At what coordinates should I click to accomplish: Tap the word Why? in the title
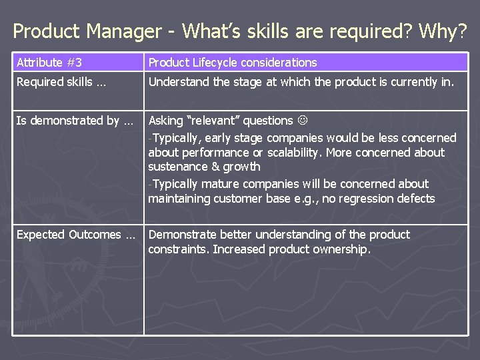pos(445,31)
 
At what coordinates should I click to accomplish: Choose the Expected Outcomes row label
pos(75,235)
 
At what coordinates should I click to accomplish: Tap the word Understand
pos(177,83)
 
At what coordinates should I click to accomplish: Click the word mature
pos(223,183)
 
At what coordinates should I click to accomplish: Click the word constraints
pos(178,249)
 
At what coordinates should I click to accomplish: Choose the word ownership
pos(337,249)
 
